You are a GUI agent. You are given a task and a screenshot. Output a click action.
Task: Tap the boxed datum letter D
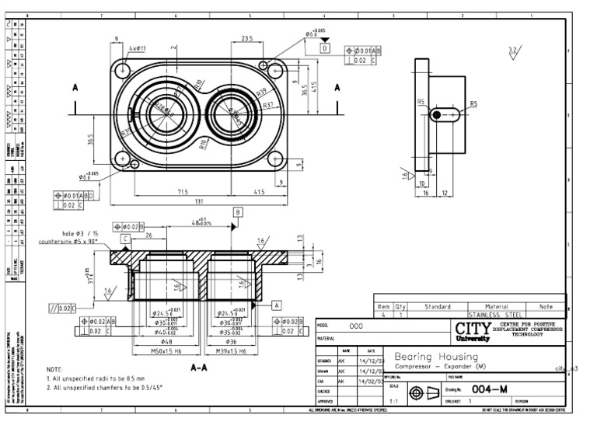(x=325, y=48)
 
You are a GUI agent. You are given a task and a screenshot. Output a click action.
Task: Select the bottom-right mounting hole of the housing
(x=274, y=162)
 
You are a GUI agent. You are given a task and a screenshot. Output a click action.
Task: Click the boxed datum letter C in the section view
(x=125, y=238)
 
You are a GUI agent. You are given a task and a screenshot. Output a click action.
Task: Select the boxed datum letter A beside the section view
(x=277, y=305)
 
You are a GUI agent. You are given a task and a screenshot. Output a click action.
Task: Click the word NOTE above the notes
(x=55, y=370)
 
